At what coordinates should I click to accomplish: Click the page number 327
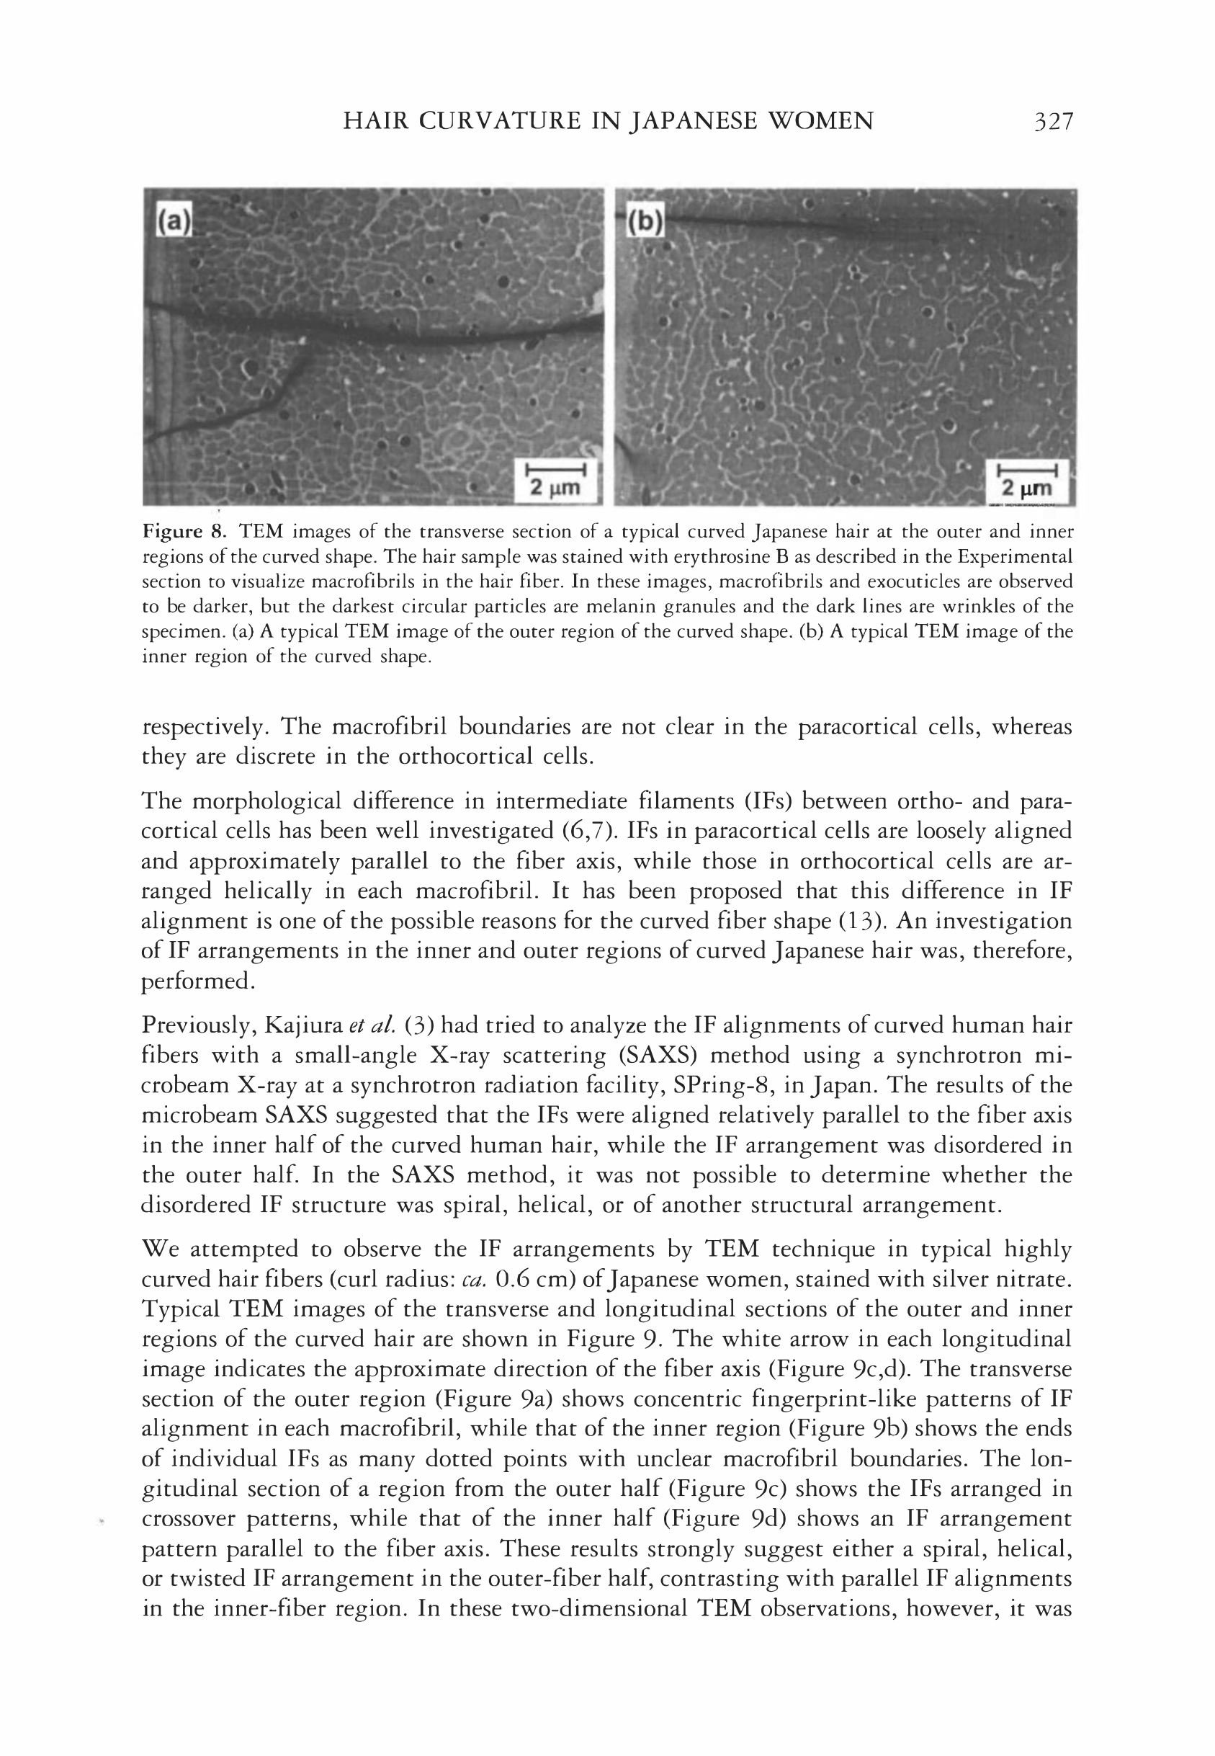1053,121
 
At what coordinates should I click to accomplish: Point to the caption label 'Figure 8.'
186,532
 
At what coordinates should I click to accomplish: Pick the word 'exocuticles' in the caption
872,581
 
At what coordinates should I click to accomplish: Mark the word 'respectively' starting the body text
204,727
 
